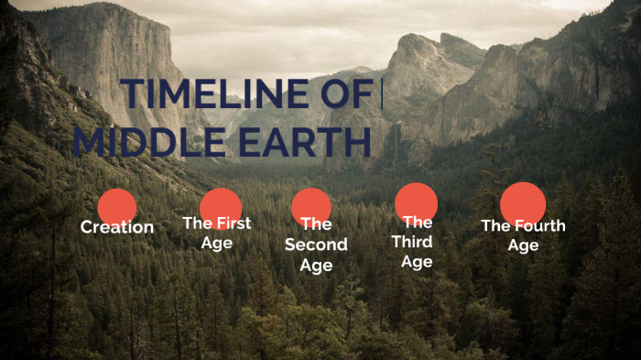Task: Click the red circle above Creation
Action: click(x=116, y=206)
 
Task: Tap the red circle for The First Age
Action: click(x=220, y=205)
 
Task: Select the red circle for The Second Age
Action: click(x=311, y=205)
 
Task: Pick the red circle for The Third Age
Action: click(x=416, y=202)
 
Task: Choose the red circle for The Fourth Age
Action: click(x=523, y=203)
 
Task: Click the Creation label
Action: click(x=117, y=227)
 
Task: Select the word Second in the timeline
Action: click(x=316, y=245)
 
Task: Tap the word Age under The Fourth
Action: click(x=523, y=245)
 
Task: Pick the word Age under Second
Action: click(x=316, y=266)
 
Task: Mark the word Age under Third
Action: click(x=416, y=262)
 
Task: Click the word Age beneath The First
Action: click(x=217, y=243)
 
